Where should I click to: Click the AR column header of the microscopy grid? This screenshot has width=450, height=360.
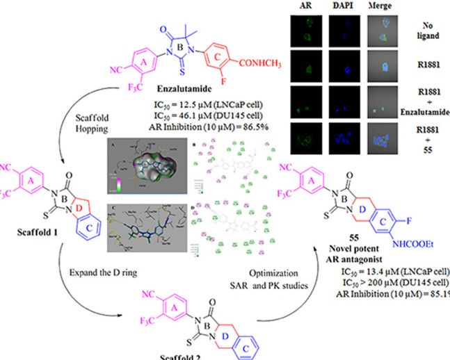click(309, 6)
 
